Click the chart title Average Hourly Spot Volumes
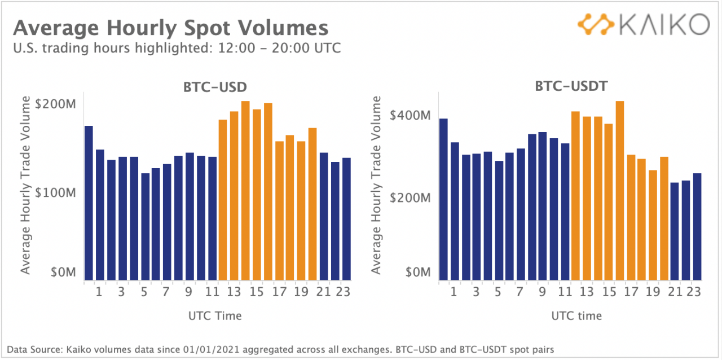170,28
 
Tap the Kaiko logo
643,25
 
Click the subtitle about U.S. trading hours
177,48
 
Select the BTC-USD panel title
217,87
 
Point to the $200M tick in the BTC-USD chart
55,105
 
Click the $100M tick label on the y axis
55,192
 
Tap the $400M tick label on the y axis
411,116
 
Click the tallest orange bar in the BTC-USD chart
245,191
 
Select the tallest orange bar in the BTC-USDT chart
620,191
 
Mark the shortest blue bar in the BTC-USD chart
145,226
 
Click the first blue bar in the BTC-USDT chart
443,199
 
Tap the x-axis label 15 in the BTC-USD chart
257,292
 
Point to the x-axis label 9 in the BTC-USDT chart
542,292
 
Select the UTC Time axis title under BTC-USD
214,316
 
